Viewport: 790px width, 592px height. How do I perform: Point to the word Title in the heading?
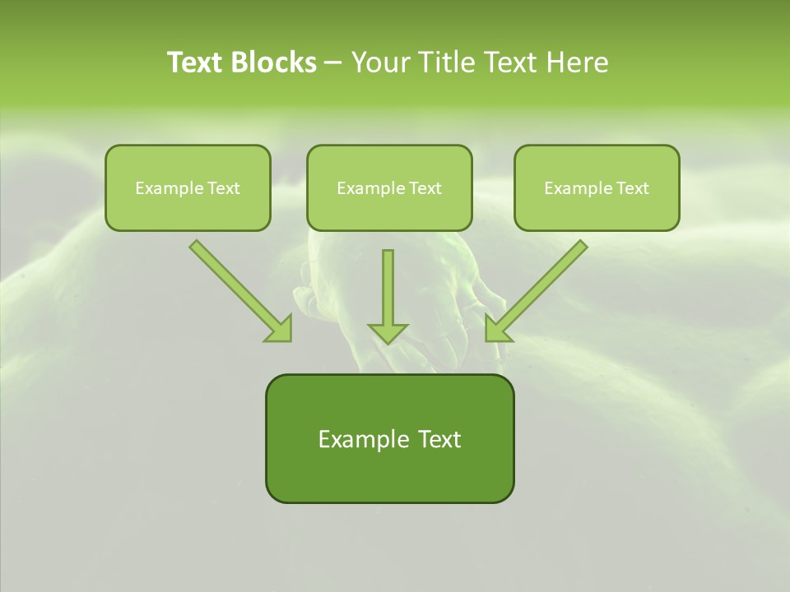pyautogui.click(x=444, y=62)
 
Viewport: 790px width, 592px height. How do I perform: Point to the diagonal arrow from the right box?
pyautogui.click(x=543, y=284)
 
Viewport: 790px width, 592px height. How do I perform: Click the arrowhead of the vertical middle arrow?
pyautogui.click(x=388, y=332)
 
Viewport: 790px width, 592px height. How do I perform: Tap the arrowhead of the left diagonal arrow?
pyautogui.click(x=280, y=329)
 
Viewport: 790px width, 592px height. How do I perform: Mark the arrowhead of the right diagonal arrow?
pyautogui.click(x=496, y=329)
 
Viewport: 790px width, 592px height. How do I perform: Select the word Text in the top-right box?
pyautogui.click(x=633, y=188)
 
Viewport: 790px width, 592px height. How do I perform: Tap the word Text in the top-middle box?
pyautogui.click(x=425, y=188)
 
